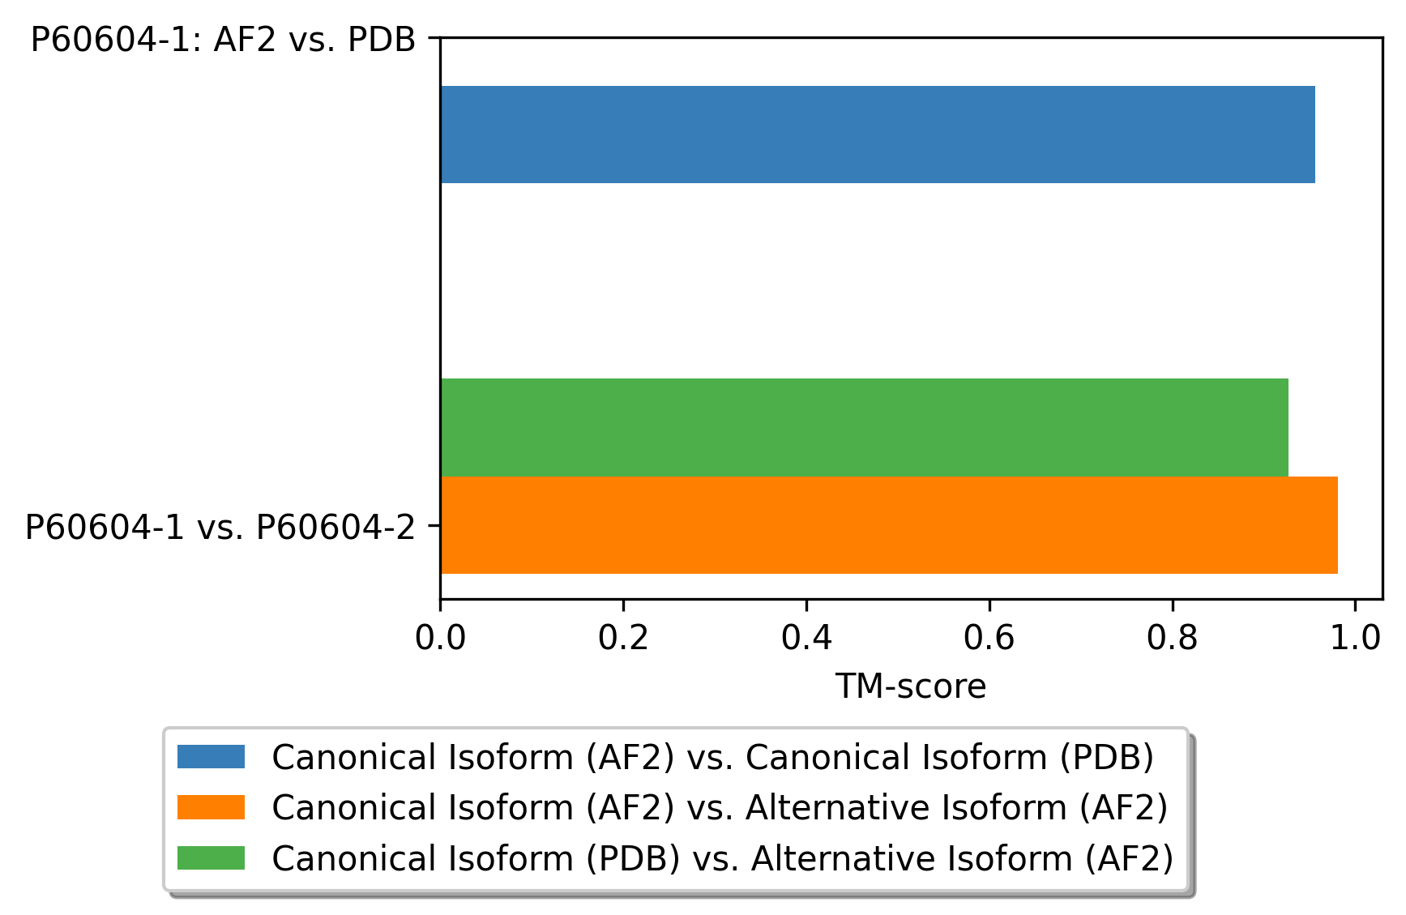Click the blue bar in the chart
(x=877, y=135)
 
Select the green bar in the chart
(x=864, y=427)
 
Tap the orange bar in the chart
(x=888, y=525)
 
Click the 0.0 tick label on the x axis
(x=440, y=638)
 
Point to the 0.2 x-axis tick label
(x=623, y=638)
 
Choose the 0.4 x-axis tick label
(x=806, y=638)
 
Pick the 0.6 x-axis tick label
(x=989, y=638)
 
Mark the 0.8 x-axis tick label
(x=1173, y=638)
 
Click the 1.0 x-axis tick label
(x=1355, y=638)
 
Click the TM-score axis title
(x=911, y=686)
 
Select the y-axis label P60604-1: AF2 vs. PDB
(x=223, y=40)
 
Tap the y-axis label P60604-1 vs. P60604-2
(x=220, y=528)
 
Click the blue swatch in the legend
(x=211, y=757)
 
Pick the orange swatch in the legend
(x=211, y=807)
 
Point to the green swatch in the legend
(x=211, y=857)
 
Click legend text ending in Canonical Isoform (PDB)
(x=712, y=757)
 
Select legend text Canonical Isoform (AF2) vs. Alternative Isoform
(x=720, y=807)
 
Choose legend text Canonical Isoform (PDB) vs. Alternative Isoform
(x=722, y=857)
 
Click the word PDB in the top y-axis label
(x=381, y=40)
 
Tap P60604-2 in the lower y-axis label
(x=335, y=528)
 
